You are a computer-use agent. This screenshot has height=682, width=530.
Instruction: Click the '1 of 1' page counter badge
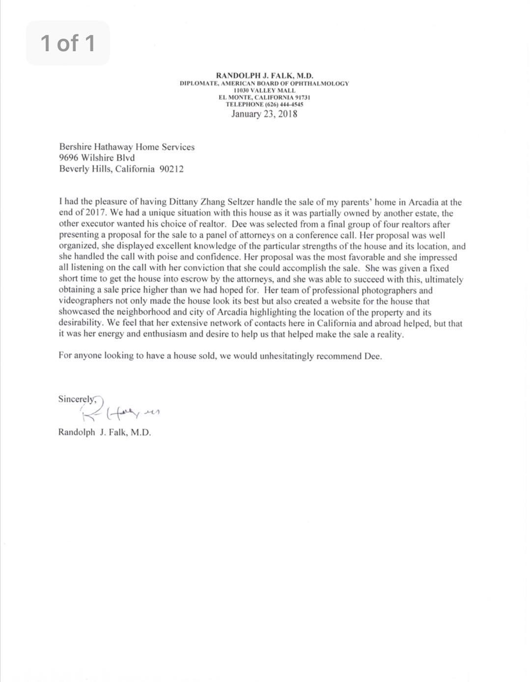click(x=68, y=43)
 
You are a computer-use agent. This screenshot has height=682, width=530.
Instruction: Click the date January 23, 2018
click(x=264, y=114)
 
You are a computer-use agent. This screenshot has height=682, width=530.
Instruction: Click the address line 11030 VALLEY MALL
click(x=264, y=90)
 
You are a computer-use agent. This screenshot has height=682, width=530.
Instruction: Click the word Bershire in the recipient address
click(x=74, y=147)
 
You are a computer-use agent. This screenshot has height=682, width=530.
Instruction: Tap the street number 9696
click(x=68, y=158)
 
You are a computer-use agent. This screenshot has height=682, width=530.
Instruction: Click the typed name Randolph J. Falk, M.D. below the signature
click(x=105, y=433)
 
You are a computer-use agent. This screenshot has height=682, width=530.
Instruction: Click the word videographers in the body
click(x=86, y=301)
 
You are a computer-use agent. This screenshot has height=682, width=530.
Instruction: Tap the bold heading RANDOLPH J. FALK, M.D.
click(x=264, y=76)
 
